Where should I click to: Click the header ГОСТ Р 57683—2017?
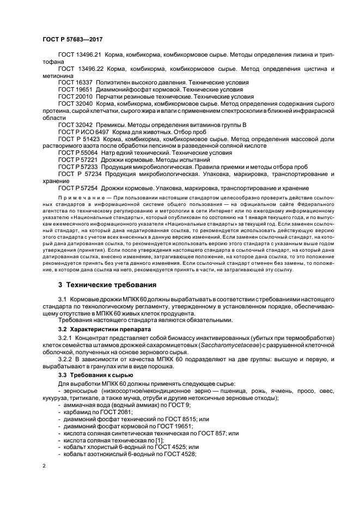click(x=72, y=39)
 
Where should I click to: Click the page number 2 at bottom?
click(x=45, y=466)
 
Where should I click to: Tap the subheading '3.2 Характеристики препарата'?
click(x=101, y=330)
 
